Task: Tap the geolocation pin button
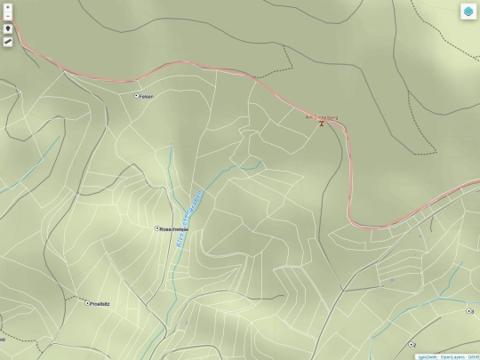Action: click(8, 28)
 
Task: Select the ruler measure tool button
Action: click(8, 43)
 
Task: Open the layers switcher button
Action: click(468, 12)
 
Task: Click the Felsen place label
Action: click(147, 96)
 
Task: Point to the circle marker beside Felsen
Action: click(136, 95)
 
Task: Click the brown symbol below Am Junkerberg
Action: click(322, 124)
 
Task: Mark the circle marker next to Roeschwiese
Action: click(158, 228)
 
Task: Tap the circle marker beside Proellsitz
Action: click(87, 303)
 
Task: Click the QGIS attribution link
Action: click(473, 356)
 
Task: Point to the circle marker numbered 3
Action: click(470, 312)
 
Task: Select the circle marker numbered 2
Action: click(412, 344)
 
